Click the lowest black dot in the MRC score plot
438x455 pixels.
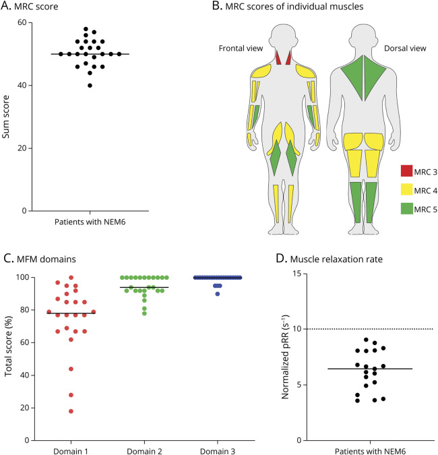coord(90,86)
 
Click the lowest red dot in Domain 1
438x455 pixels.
coord(71,411)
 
